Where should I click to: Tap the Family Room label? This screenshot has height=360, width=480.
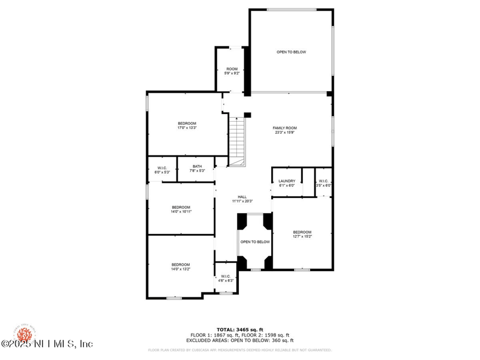pyautogui.click(x=285, y=128)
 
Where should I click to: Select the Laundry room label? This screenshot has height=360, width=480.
pyautogui.click(x=287, y=181)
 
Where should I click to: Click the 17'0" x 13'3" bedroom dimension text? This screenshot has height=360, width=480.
pyautogui.click(x=187, y=128)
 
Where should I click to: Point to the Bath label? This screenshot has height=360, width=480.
pyautogui.click(x=197, y=166)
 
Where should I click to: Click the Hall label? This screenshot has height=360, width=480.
pyautogui.click(x=242, y=197)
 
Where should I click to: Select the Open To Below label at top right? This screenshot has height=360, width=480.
pyautogui.click(x=291, y=52)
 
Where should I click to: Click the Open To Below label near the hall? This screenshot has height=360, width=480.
pyautogui.click(x=255, y=242)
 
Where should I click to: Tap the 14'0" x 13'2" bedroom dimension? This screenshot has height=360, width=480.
pyautogui.click(x=181, y=269)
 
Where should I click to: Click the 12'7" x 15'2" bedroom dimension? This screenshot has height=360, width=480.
pyautogui.click(x=302, y=236)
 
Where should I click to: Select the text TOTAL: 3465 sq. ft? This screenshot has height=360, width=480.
pyautogui.click(x=239, y=329)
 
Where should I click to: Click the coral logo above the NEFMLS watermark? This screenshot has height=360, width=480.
pyautogui.click(x=25, y=332)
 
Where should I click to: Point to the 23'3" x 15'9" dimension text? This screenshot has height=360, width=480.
pyautogui.click(x=285, y=133)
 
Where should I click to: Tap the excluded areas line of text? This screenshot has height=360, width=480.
pyautogui.click(x=239, y=340)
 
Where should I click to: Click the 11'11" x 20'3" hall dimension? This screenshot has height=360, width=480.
pyautogui.click(x=242, y=202)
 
